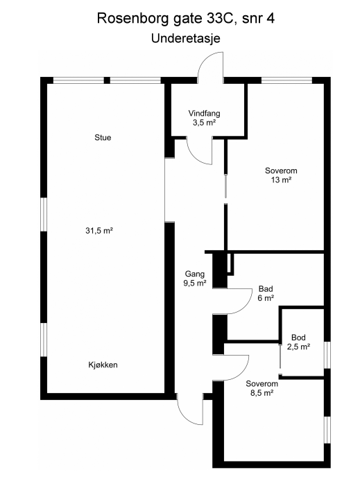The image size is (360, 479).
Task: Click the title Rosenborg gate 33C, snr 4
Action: pyautogui.click(x=185, y=19)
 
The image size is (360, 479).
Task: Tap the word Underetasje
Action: pyautogui.click(x=185, y=39)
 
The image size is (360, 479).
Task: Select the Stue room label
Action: pyautogui.click(x=103, y=137)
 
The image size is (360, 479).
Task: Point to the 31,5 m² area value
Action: pyautogui.click(x=99, y=231)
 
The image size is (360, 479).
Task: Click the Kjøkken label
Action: pyautogui.click(x=103, y=365)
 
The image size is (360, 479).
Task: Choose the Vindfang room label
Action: pyautogui.click(x=204, y=113)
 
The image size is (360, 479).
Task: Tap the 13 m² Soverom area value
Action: pyautogui.click(x=281, y=180)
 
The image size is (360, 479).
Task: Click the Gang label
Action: pyautogui.click(x=195, y=274)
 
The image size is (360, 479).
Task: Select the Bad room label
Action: pyautogui.click(x=266, y=288)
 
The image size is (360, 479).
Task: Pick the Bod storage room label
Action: pyautogui.click(x=298, y=338)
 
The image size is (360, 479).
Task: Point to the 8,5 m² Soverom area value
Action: pyautogui.click(x=262, y=393)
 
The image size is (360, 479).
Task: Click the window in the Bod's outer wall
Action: pyautogui.click(x=327, y=355)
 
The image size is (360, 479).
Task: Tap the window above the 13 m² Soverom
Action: pyautogui.click(x=286, y=80)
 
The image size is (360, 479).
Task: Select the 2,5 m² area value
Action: pyautogui.click(x=298, y=347)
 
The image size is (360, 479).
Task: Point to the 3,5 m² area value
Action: pyautogui.click(x=204, y=123)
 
